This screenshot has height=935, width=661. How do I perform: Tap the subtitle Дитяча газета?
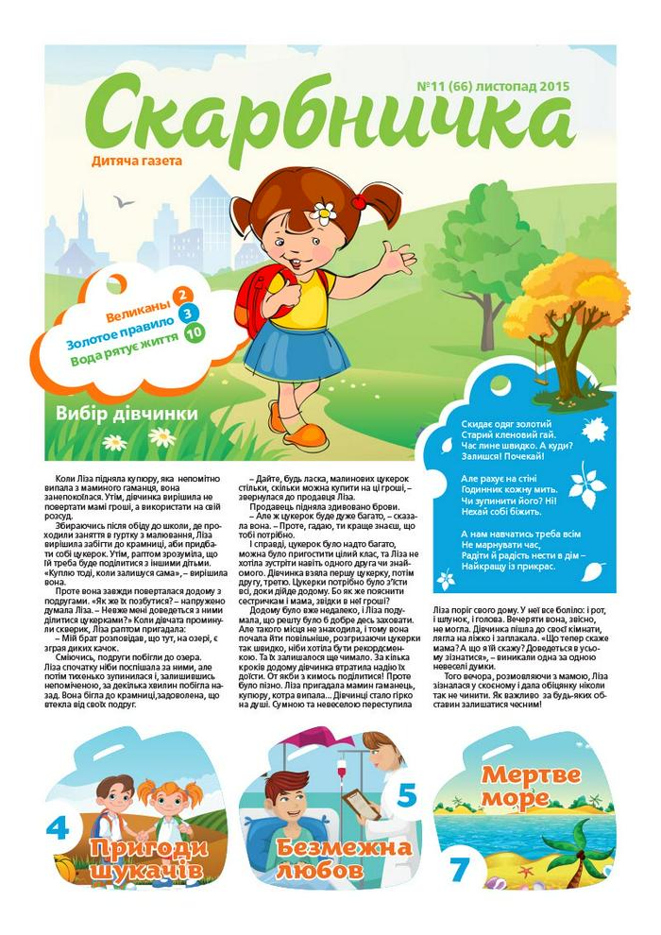(137, 161)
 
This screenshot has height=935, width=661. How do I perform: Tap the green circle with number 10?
(195, 332)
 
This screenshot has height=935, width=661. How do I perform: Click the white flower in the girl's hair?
(326, 212)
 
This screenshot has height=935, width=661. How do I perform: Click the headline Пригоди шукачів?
(146, 858)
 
